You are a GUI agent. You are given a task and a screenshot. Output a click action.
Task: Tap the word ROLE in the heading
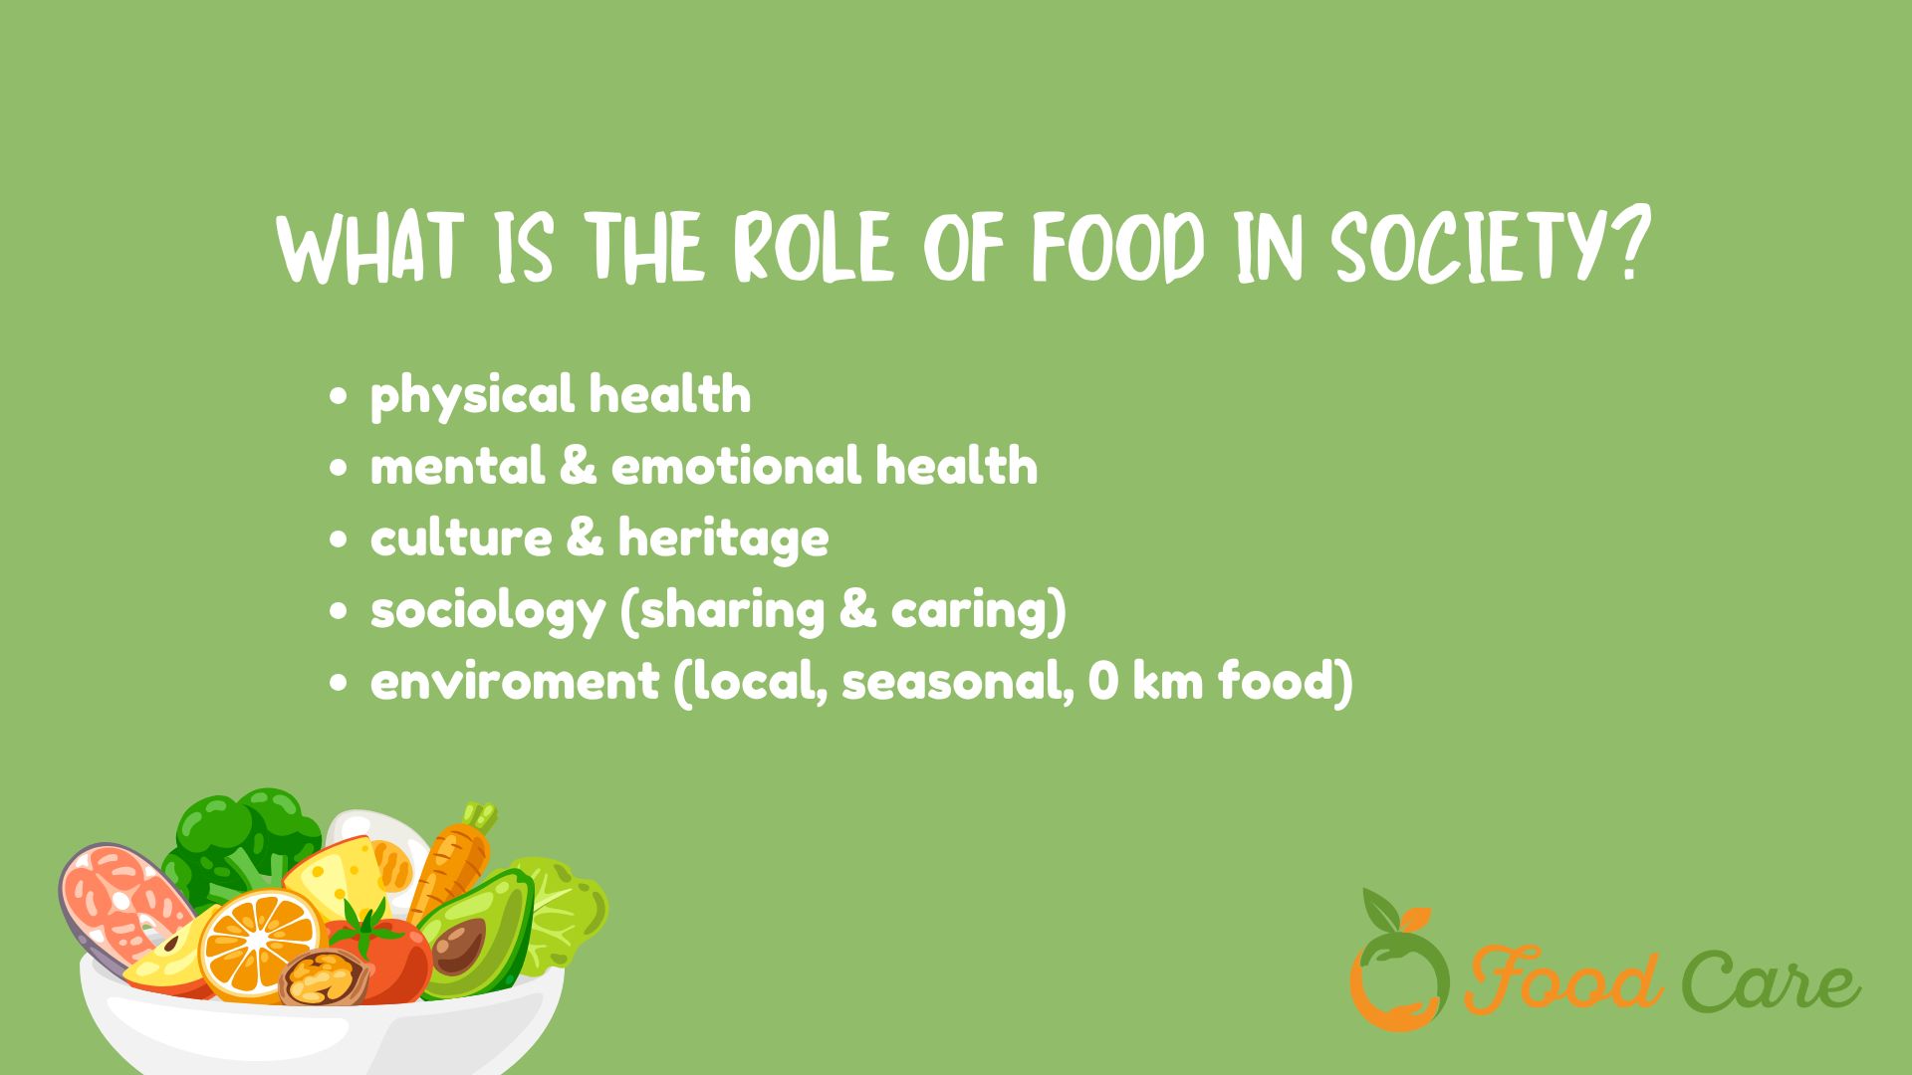[813, 246]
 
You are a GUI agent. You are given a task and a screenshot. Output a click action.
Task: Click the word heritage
[723, 538]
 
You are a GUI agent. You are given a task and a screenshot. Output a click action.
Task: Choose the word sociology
[487, 611]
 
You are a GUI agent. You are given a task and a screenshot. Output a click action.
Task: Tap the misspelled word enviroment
[515, 682]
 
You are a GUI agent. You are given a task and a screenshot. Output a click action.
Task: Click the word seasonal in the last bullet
[957, 682]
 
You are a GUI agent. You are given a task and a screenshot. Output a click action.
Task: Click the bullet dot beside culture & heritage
[340, 538]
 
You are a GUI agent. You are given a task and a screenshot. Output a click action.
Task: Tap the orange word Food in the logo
[1563, 980]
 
